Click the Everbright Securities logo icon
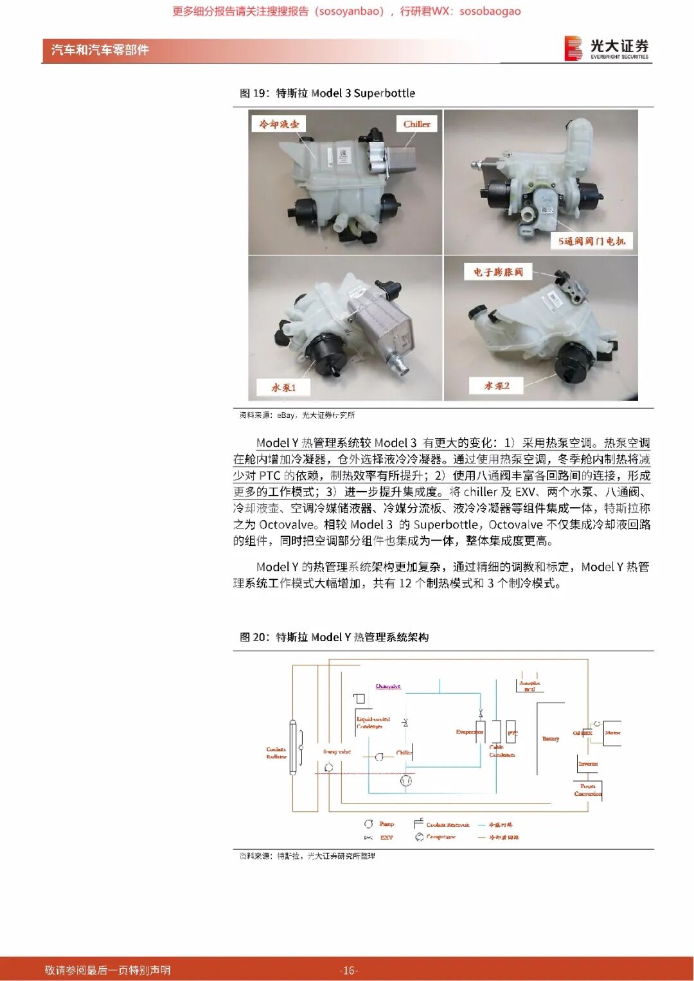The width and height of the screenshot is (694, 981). tap(573, 49)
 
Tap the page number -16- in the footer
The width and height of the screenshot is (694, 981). tap(348, 970)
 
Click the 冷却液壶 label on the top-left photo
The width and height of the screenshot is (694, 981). tap(279, 124)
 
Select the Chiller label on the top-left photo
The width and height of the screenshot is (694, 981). tap(416, 124)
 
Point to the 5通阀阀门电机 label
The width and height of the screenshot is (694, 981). tap(591, 241)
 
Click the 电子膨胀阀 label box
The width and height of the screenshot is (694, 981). tap(498, 272)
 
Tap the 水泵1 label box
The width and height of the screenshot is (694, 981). tap(283, 388)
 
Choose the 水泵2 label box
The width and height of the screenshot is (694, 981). tap(497, 386)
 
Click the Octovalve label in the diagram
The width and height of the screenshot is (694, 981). tap(388, 686)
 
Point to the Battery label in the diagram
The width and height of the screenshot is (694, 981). tap(550, 739)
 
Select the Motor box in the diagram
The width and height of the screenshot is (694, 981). tap(612, 733)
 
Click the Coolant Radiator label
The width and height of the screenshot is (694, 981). tap(276, 753)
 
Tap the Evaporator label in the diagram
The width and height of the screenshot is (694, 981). tap(468, 732)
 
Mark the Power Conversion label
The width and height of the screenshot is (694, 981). tap(587, 790)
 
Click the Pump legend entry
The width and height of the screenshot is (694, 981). tap(386, 824)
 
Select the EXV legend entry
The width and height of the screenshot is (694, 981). tap(386, 838)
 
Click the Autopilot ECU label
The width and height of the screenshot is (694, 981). tap(529, 686)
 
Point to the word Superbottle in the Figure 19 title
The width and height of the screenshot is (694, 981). tap(384, 93)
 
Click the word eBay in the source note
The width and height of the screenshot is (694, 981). tap(286, 415)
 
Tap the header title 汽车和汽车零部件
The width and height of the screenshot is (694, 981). tap(100, 50)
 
